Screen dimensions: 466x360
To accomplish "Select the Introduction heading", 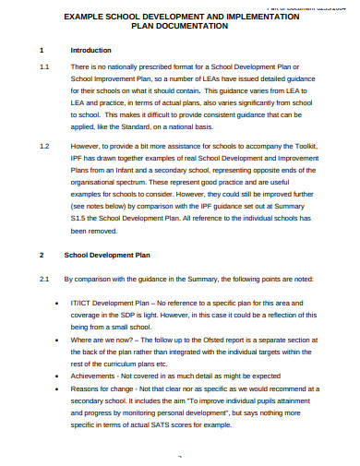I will (88, 51).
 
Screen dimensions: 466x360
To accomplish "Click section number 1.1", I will (44, 68).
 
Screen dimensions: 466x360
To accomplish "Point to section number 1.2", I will (44, 146).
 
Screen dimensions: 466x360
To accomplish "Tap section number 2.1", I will (44, 277).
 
